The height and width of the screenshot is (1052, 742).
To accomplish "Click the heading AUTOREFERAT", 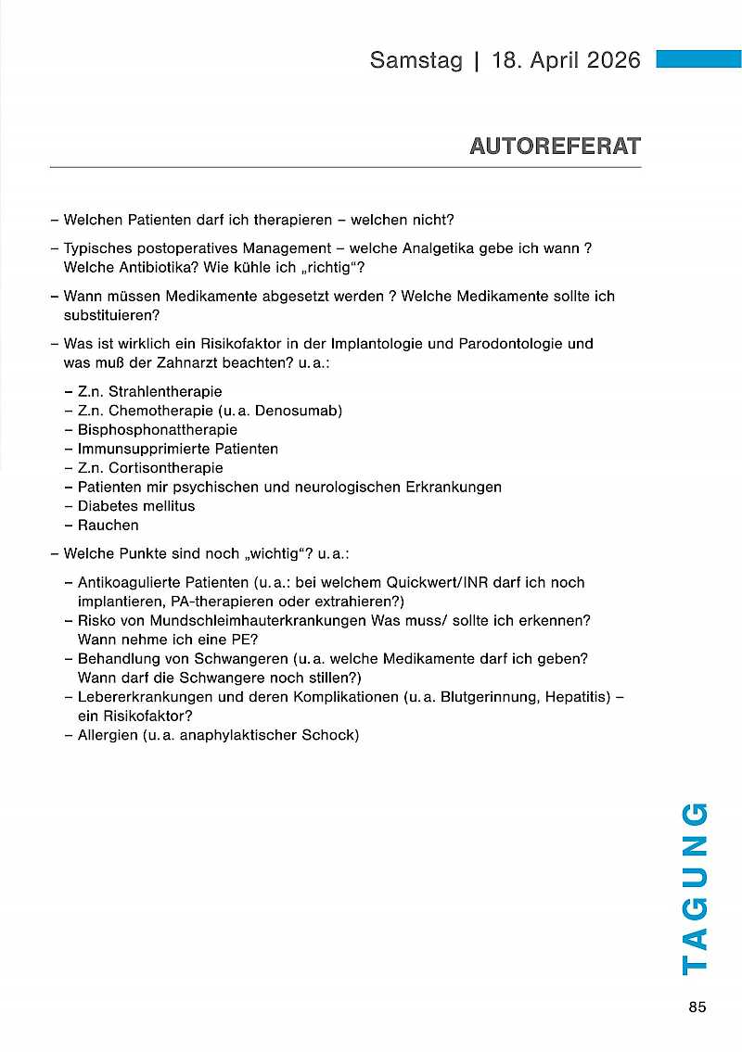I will [555, 146].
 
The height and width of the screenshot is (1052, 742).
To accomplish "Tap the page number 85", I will [697, 1008].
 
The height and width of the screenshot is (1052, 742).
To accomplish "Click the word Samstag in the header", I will [415, 60].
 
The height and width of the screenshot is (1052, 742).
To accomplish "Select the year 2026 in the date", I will [608, 60].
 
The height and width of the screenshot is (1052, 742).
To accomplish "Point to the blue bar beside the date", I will [698, 59].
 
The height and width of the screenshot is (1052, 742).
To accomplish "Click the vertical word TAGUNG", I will [695, 888].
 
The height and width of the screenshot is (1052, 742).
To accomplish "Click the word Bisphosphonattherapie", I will [157, 430].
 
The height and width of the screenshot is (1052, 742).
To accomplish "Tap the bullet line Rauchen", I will [108, 526].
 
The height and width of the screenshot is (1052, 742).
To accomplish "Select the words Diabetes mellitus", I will [136, 506].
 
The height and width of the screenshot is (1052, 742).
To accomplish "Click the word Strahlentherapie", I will [165, 392].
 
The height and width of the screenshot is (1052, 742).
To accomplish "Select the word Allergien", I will [107, 735].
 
